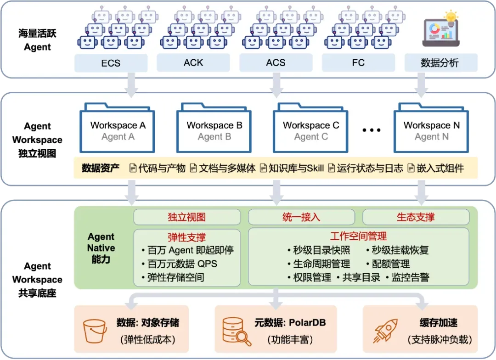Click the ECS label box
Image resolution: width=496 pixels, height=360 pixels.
(x=111, y=63)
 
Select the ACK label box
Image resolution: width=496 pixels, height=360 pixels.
(x=193, y=62)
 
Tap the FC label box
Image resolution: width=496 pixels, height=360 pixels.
(x=358, y=62)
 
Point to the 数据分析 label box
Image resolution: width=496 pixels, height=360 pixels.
(x=441, y=62)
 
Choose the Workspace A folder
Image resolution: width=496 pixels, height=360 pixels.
(x=117, y=128)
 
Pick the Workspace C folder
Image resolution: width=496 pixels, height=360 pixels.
(x=310, y=128)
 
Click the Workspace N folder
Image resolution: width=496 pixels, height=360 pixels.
(x=431, y=128)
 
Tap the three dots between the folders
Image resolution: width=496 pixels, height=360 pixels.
(x=372, y=130)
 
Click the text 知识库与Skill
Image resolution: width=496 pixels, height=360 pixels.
(x=296, y=169)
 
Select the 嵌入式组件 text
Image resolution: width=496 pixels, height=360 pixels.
(x=440, y=169)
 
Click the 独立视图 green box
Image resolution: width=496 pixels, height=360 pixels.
(x=187, y=217)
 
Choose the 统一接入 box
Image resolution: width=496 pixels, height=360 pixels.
(x=301, y=217)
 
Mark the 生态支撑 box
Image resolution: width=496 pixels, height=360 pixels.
(x=416, y=217)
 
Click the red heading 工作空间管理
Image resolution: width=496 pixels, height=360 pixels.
(x=358, y=236)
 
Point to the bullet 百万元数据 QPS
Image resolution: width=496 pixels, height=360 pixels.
(x=180, y=264)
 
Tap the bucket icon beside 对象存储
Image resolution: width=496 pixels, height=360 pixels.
(x=94, y=331)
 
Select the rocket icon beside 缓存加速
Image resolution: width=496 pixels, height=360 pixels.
(x=385, y=331)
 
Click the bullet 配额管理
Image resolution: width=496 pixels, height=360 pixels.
(x=388, y=264)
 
